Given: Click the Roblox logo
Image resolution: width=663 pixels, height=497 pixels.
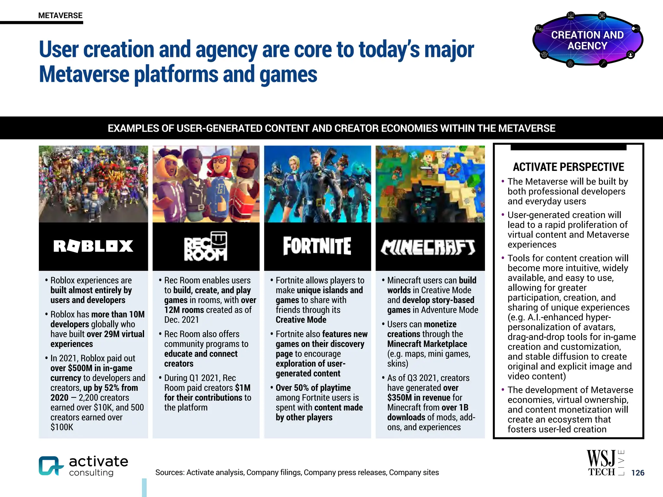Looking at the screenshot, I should click(93, 246).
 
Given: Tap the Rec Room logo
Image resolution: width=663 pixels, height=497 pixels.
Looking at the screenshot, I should click(206, 246).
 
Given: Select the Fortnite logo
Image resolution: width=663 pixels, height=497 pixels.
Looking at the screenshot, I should click(317, 246).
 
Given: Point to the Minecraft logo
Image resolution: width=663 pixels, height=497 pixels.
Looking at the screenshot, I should click(428, 247).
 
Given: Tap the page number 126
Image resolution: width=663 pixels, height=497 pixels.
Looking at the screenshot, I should click(638, 473).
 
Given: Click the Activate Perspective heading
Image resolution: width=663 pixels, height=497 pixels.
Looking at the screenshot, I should click(568, 167).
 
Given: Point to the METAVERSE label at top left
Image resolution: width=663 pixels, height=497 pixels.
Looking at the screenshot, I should click(60, 16).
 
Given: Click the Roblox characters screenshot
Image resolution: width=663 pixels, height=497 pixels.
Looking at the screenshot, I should click(93, 184).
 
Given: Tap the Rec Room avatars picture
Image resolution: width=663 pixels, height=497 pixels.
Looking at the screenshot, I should click(206, 184).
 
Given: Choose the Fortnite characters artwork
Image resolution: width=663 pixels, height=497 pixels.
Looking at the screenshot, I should click(317, 184).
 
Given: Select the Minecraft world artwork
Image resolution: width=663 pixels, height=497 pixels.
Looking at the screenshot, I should click(430, 184).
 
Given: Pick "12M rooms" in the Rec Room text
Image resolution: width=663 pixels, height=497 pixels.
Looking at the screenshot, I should click(184, 310).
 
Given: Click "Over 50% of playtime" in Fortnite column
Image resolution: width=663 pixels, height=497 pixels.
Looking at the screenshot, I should click(313, 388).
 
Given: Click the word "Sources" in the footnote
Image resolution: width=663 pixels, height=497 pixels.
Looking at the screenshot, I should click(169, 472).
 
